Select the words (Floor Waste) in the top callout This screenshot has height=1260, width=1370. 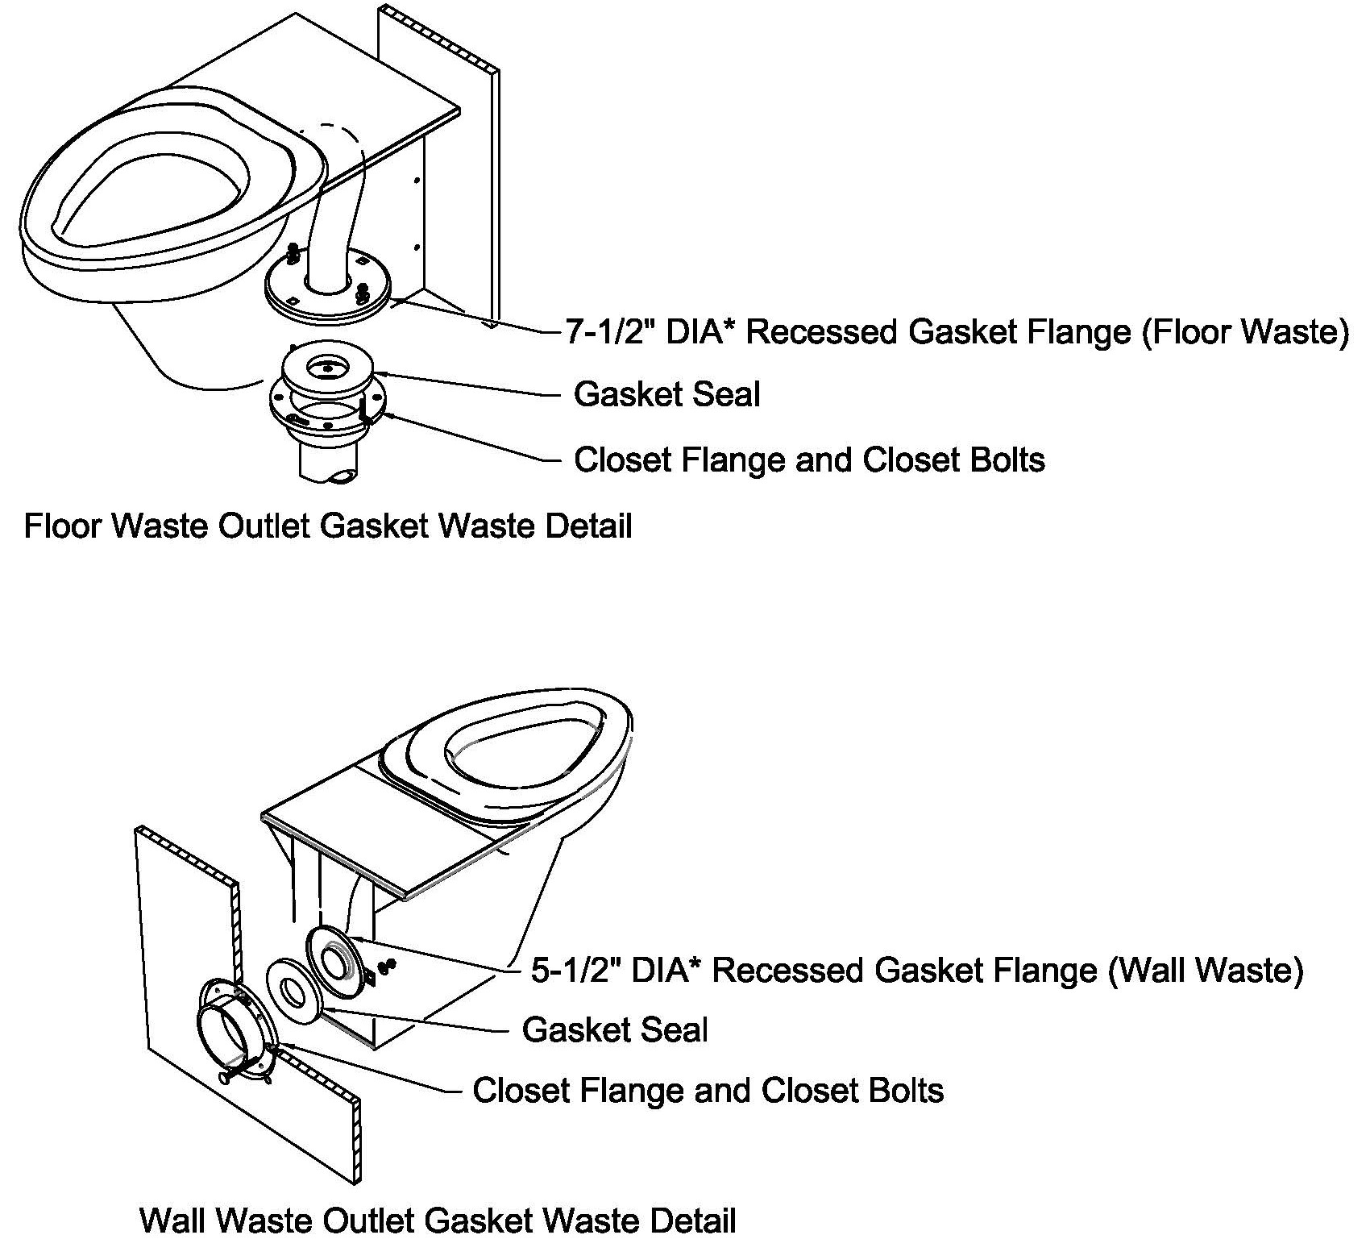[1245, 332]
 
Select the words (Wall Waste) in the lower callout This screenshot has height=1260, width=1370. [1206, 970]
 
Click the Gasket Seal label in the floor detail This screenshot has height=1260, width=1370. [666, 395]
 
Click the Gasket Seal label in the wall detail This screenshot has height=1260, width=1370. [615, 1030]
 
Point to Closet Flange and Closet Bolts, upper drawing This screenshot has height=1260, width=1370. [809, 460]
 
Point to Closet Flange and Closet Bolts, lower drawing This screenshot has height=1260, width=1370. [708, 1091]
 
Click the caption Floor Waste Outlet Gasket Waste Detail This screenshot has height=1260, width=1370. [328, 526]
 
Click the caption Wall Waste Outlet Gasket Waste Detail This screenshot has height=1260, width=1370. [438, 1220]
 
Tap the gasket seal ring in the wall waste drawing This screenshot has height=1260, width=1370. [293, 992]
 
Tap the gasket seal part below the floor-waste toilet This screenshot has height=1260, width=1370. [327, 374]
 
